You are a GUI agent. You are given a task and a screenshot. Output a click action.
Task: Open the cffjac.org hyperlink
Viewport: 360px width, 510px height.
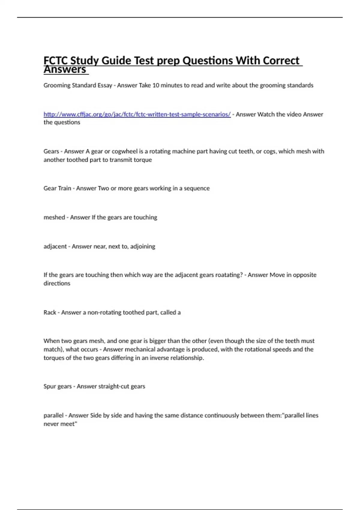point(137,114)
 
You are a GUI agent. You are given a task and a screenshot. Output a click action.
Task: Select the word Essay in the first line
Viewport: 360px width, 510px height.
point(105,85)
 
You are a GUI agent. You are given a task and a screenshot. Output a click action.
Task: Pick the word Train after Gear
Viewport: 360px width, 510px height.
point(64,188)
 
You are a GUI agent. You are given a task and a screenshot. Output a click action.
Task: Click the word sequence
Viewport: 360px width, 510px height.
point(196,188)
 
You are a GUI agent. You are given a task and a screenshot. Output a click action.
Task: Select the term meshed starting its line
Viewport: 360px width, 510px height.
point(54,217)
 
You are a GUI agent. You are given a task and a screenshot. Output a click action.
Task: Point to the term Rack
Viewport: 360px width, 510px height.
point(50,313)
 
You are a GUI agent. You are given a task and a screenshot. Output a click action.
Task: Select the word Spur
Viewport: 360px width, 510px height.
point(50,386)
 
